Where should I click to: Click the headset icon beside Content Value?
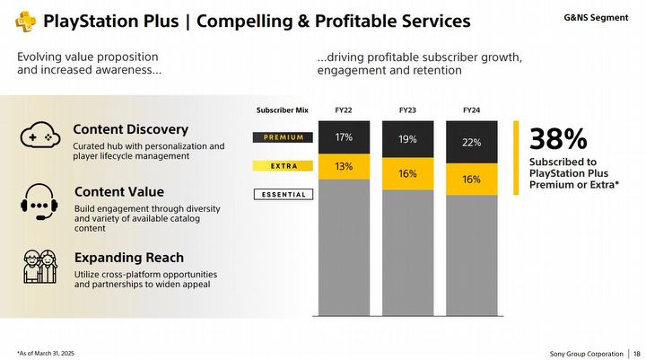(x=40, y=201)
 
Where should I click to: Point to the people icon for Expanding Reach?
(x=40, y=267)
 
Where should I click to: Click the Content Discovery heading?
(x=130, y=129)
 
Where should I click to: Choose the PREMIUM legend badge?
(x=284, y=137)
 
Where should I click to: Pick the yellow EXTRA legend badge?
(x=284, y=166)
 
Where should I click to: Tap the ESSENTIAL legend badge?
(x=284, y=194)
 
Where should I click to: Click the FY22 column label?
(x=344, y=110)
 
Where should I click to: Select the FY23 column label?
(x=407, y=110)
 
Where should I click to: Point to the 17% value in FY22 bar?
(x=344, y=137)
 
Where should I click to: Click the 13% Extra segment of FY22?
(x=344, y=166)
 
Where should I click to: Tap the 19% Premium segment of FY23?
(x=407, y=140)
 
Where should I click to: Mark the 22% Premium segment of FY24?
(x=472, y=143)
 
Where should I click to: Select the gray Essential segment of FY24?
(x=472, y=256)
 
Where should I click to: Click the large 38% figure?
(x=558, y=139)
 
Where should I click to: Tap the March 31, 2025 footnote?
(x=46, y=353)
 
